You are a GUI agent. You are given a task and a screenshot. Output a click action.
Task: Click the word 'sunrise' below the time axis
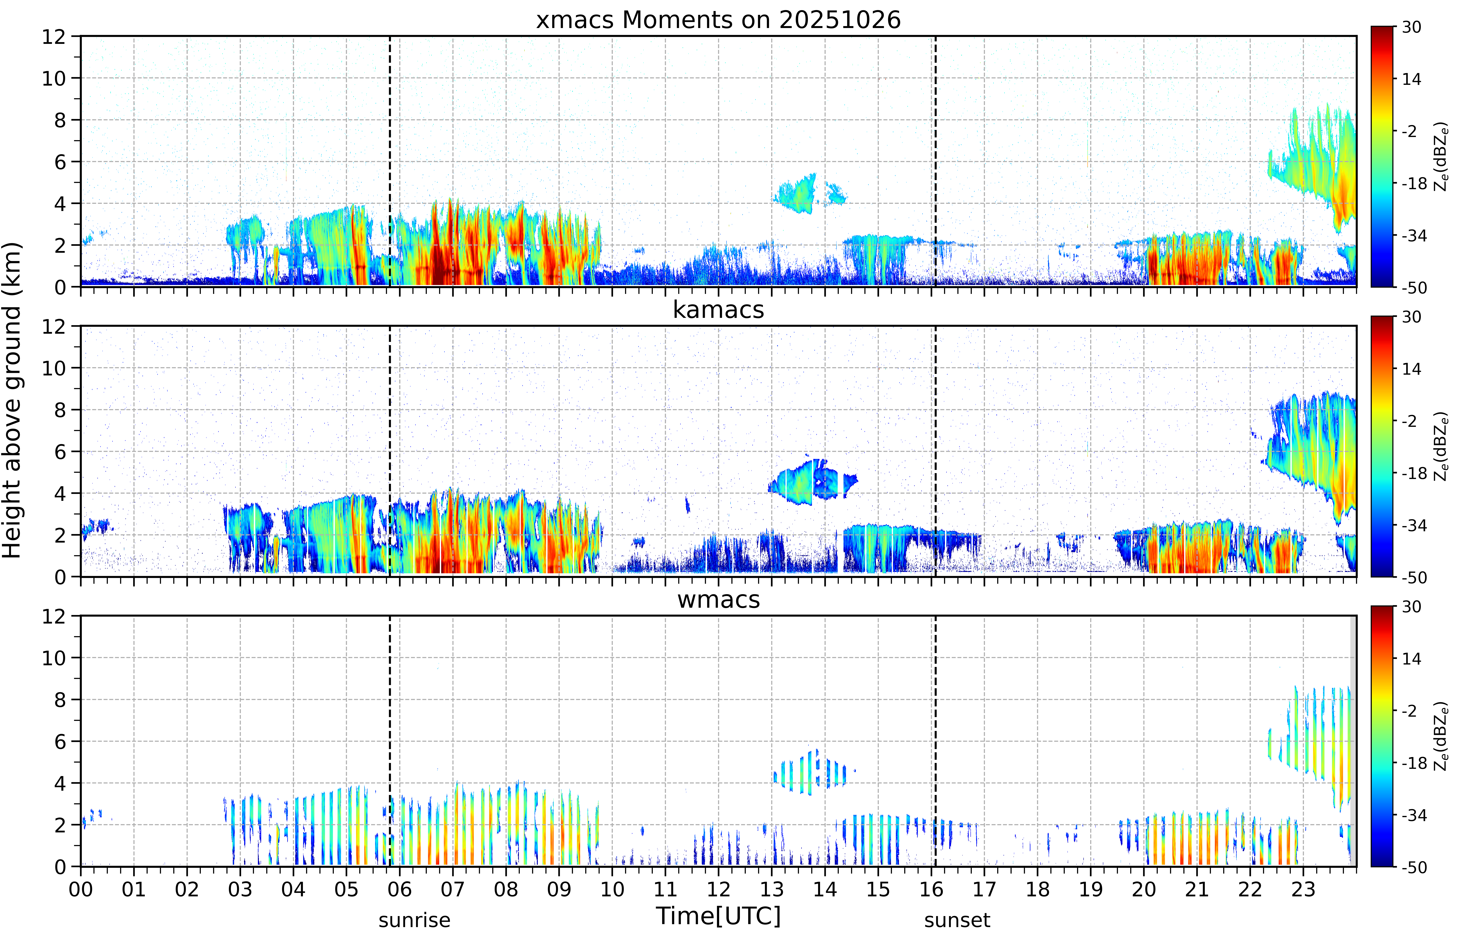point(414,920)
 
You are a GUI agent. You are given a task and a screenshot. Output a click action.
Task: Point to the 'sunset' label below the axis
point(957,920)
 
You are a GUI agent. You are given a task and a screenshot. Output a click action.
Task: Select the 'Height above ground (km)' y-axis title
point(12,400)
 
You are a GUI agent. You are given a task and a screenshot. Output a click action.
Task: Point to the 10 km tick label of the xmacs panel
point(54,78)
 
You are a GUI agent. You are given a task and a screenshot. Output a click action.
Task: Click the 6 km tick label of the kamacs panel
point(60,452)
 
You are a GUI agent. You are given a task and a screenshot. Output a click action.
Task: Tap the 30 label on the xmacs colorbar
point(1411,27)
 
